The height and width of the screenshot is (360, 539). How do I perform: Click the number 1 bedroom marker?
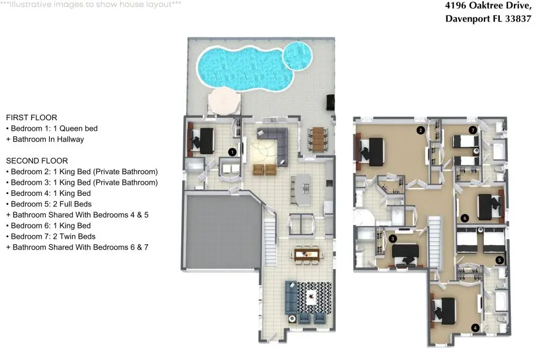point(233,152)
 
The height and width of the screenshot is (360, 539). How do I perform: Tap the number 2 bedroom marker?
point(421,130)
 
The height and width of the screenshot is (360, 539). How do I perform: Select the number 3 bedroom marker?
point(393,239)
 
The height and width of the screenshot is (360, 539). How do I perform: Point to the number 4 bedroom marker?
point(475,328)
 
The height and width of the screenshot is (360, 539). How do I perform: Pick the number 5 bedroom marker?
point(500,260)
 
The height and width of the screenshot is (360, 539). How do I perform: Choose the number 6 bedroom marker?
point(465,218)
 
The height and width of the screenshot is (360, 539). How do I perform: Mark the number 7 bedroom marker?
point(473,130)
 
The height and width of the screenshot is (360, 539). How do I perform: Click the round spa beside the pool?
point(298,56)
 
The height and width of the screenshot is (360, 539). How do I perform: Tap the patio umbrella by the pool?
point(224,101)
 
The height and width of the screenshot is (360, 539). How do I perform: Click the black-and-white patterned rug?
point(315,297)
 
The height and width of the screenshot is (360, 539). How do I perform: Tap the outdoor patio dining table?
point(318,139)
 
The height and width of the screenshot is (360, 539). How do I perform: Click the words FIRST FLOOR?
point(32,118)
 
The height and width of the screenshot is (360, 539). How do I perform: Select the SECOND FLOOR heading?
point(37,161)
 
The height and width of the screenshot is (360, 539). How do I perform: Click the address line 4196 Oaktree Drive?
point(488,5)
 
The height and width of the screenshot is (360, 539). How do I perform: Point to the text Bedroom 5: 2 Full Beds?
point(51,204)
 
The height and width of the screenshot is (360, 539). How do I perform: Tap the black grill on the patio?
point(330,103)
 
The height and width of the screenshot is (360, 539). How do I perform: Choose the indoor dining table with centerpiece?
point(306,254)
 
